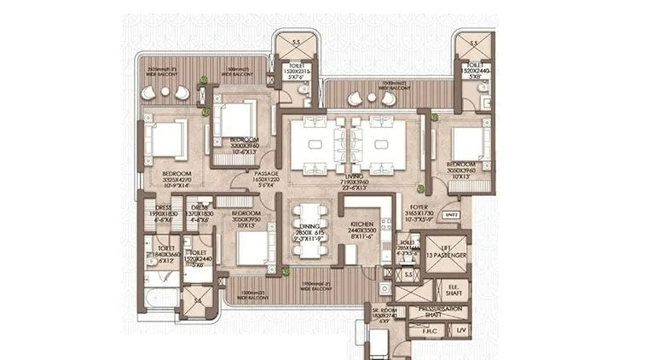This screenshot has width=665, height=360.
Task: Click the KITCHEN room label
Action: (360, 225)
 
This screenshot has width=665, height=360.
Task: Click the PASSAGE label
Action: (267, 176)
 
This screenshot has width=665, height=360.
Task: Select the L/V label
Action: (460, 332)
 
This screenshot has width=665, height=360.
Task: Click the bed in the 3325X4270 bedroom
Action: (168, 139)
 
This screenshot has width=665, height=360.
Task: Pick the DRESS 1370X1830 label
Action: (199, 212)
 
